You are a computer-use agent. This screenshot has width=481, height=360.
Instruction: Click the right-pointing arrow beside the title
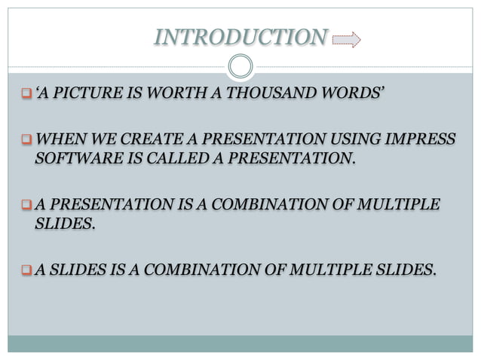click(x=346, y=38)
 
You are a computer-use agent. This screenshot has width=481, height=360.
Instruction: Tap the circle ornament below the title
click(x=240, y=67)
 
